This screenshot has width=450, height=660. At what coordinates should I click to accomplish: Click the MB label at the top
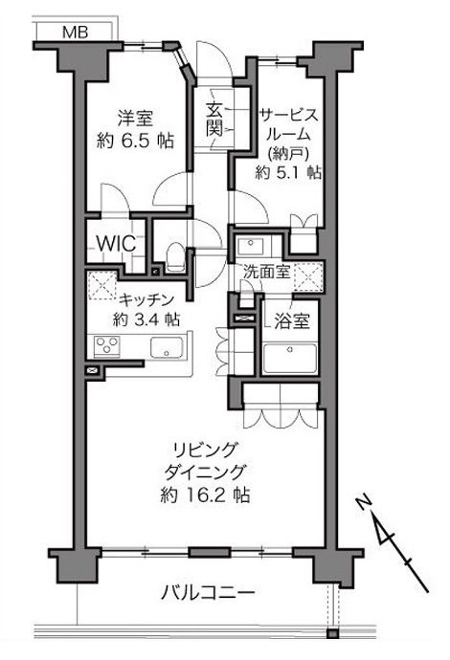click(x=75, y=33)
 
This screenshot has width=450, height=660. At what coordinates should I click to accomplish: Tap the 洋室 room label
click(x=135, y=119)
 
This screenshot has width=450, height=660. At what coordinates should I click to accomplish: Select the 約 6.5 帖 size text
click(x=135, y=141)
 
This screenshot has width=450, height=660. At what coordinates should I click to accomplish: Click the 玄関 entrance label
click(x=214, y=120)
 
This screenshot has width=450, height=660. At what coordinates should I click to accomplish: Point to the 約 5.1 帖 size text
click(x=288, y=172)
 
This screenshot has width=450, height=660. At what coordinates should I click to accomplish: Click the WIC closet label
click(x=116, y=243)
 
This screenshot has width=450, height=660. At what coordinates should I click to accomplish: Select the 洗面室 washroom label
click(x=267, y=272)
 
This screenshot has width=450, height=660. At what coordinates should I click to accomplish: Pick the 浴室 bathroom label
click(x=292, y=321)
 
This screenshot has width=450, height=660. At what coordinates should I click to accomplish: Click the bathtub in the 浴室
click(x=290, y=358)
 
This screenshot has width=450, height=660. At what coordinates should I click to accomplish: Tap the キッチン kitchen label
click(x=146, y=299)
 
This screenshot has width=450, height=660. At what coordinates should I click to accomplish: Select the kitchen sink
click(x=167, y=347)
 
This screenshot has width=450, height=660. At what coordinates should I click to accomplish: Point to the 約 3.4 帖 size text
click(x=146, y=319)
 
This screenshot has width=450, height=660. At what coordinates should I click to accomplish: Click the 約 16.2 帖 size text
click(x=205, y=495)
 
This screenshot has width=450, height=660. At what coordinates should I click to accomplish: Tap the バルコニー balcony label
click(x=209, y=594)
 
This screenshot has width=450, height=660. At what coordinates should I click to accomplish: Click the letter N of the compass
click(x=363, y=502)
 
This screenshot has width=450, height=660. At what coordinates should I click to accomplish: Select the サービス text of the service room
click(x=289, y=115)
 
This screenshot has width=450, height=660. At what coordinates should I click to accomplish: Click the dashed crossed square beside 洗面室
click(x=308, y=276)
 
